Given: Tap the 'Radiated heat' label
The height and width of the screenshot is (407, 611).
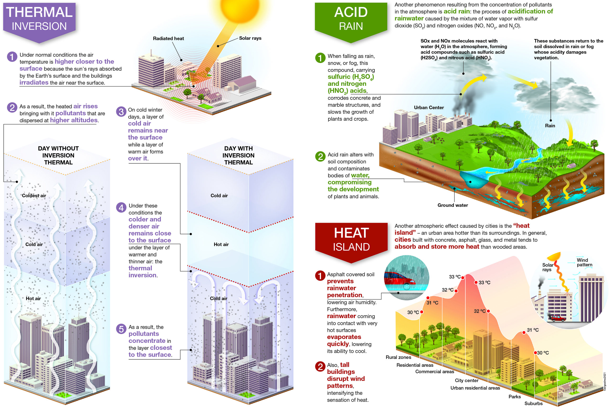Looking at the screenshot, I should click(168, 38).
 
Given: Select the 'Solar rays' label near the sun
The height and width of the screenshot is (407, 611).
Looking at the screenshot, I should click(250, 38).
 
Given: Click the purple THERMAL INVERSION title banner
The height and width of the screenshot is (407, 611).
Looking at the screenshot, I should click(39, 19).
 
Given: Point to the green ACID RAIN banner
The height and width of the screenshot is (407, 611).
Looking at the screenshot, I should click(351, 19).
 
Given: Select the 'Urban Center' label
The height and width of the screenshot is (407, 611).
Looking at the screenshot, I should click(429, 108).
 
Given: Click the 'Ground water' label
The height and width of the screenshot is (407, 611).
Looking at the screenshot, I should click(453, 205).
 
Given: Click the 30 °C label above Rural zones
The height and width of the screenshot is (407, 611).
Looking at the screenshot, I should click(413, 312).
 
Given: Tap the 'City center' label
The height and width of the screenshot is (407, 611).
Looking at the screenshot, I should click(467, 381).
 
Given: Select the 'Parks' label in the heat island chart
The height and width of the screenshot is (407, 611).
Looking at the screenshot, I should click(514, 397).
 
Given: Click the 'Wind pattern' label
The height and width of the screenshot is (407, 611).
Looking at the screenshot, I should click(585, 263).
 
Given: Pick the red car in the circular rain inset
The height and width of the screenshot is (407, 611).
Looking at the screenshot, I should click(399, 282).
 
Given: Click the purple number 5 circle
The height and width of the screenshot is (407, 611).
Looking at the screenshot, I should click(121, 329).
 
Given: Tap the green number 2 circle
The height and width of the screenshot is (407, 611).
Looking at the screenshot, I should click(320, 156).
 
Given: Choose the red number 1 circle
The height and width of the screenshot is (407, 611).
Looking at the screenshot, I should click(320, 276).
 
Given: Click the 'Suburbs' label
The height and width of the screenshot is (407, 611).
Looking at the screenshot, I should click(533, 403).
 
